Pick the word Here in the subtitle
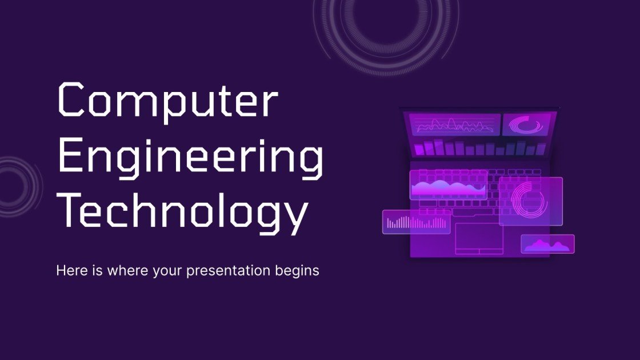pos(69,270)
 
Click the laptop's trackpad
pos(479,238)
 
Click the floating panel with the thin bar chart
pos(416,222)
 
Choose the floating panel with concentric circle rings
pos(530,201)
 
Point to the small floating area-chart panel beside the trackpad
pos(547,244)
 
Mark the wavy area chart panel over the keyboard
pos(449,185)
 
